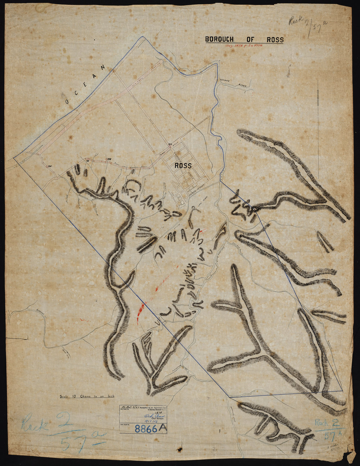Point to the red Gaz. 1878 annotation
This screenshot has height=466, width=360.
[x=244, y=46]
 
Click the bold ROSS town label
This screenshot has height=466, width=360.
[x=183, y=166]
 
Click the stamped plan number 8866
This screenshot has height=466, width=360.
[x=145, y=429]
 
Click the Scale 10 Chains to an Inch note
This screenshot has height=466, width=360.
[x=87, y=396]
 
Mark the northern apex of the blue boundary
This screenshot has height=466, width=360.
[x=143, y=37]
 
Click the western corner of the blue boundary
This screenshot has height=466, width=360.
[x=14, y=158]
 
